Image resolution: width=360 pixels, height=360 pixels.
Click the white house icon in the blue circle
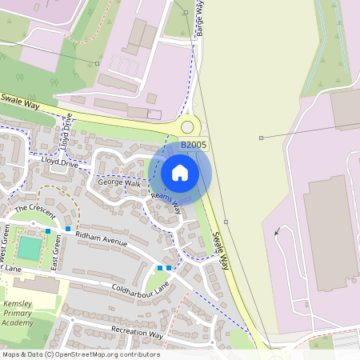(180, 173)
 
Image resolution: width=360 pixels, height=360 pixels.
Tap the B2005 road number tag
(193, 145)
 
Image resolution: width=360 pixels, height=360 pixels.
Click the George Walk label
(119, 183)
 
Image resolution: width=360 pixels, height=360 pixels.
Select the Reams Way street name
(166, 202)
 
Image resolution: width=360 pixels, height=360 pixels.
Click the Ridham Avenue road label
(102, 238)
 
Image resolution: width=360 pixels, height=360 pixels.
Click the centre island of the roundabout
(188, 126)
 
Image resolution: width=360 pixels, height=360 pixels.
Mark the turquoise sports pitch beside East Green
(30, 248)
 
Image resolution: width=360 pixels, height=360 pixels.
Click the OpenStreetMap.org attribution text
(105, 354)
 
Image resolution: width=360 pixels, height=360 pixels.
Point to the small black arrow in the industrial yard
(276, 233)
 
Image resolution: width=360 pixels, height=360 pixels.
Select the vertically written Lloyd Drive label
(68, 131)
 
